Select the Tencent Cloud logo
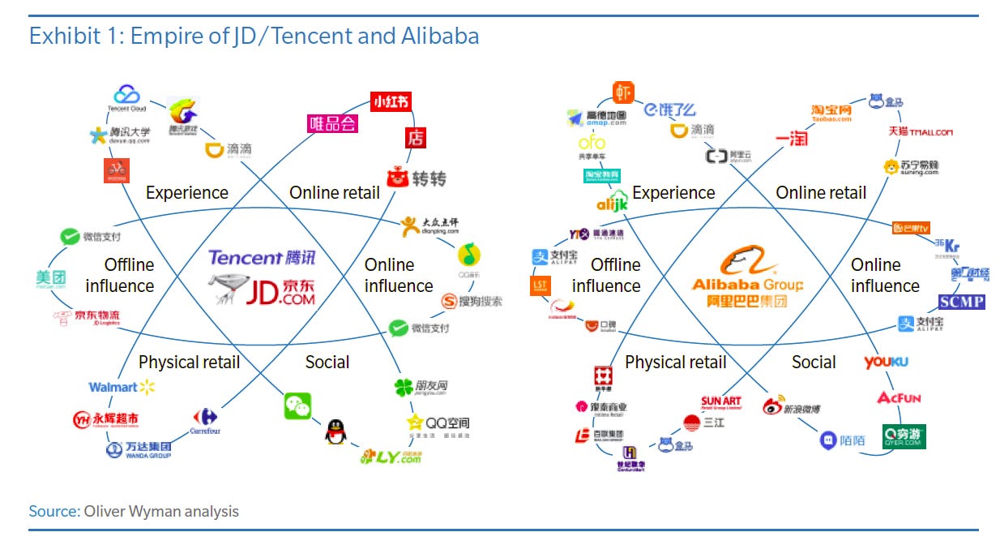(127, 99)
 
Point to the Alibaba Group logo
(747, 277)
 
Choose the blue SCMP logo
(961, 302)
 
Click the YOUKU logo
(886, 363)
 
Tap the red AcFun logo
(899, 397)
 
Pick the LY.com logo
(392, 456)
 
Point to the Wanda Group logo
(139, 448)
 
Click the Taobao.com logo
(831, 113)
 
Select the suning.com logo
(911, 167)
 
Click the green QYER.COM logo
(903, 436)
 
